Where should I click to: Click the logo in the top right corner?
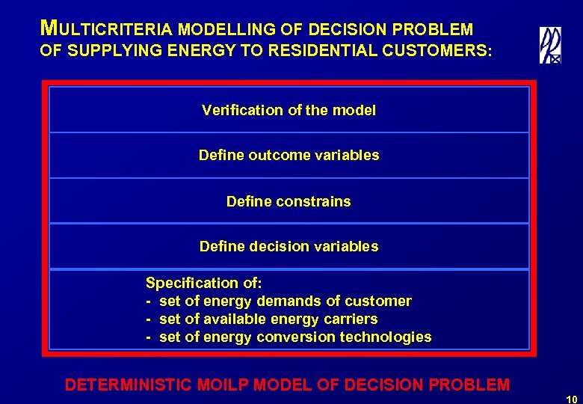pos(550,46)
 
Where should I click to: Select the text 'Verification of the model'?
pos(289,110)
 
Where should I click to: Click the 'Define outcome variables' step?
pos(289,156)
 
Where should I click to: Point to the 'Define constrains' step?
pos(289,201)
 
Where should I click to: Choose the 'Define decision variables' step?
pos(289,246)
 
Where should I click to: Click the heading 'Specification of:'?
pos(204,283)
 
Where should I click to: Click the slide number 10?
pos(572,397)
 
